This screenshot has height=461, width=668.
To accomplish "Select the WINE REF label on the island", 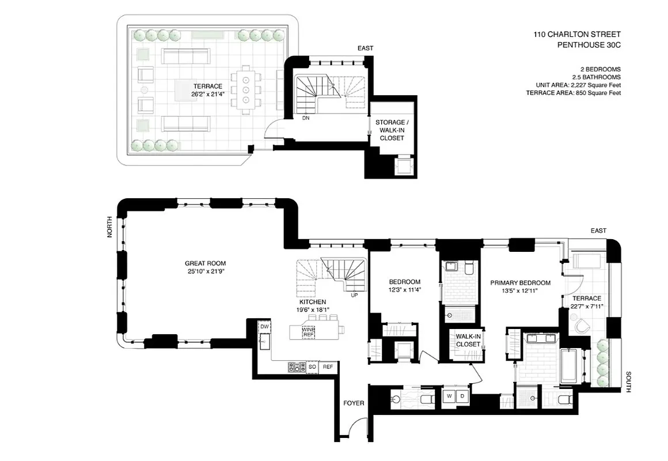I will point(309,331).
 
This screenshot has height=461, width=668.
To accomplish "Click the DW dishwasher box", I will point(265,327).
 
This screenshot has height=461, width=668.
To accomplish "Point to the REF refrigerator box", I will point(328,366).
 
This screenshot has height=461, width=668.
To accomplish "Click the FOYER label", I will point(354,403).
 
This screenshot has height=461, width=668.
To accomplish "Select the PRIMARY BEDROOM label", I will point(520,283).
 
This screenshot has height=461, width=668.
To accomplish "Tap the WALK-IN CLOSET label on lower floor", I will point(468,340).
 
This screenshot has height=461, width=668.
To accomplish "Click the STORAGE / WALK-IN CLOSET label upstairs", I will point(392,130).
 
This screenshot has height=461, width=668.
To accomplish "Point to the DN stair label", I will point(306,118).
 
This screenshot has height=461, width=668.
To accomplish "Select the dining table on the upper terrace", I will point(245,90).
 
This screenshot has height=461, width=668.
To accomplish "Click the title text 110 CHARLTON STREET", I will point(576,35).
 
